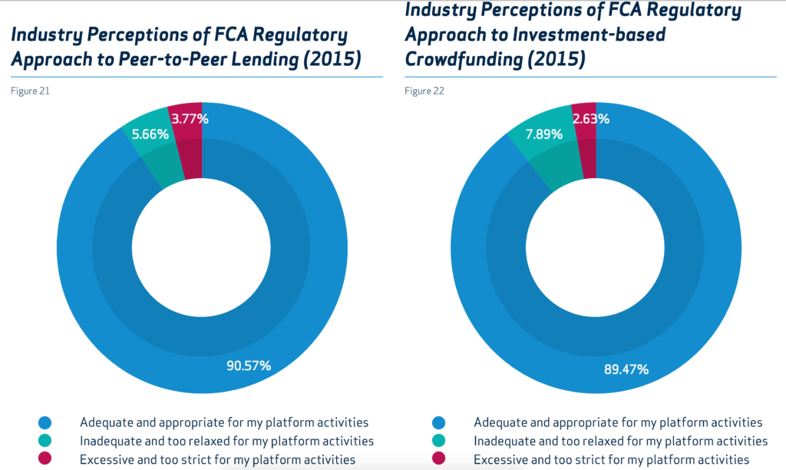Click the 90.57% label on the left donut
coord(247,366)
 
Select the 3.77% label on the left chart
coord(190,118)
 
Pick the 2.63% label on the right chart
coord(590,118)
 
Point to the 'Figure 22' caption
coord(424,91)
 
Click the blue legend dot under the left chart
coord(44,422)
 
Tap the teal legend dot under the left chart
coord(44,441)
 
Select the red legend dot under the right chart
coord(438,459)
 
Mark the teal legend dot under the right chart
coord(438,441)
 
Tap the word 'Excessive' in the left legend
coord(107,460)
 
